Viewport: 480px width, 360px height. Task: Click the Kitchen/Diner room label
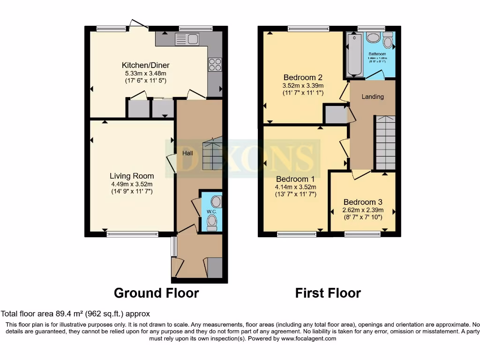point(145,65)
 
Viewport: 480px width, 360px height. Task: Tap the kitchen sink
point(187,39)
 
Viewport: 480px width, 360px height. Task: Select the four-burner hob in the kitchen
point(215,64)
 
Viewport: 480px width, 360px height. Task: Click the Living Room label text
point(132,176)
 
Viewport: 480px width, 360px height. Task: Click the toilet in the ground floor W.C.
point(212,222)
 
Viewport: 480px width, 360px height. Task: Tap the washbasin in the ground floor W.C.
point(216,202)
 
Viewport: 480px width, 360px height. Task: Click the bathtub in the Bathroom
point(354,55)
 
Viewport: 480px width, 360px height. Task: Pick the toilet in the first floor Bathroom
point(388,41)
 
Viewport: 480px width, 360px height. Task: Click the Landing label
point(373,97)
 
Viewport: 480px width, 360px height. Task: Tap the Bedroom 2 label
point(303,77)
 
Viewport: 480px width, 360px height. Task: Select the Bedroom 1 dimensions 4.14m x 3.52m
point(296,187)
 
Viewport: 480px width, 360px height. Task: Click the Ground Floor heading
point(157,293)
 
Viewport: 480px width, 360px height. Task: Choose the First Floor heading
point(328,293)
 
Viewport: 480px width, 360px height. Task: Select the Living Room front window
point(132,234)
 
